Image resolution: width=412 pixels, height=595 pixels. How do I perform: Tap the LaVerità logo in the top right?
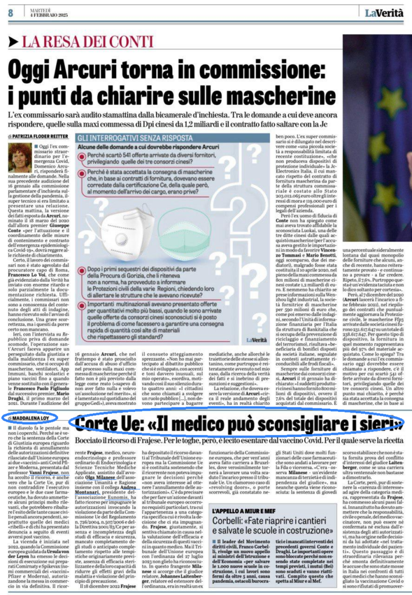385,12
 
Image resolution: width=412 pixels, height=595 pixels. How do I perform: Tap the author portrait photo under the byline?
20,158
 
